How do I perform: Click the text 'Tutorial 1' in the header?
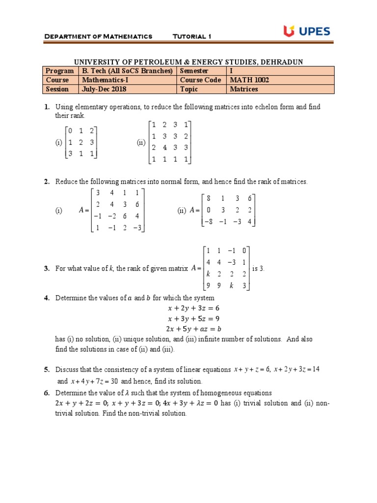[x=192, y=36]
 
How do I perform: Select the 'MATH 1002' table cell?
[x=252, y=80]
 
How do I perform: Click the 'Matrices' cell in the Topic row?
[x=244, y=89]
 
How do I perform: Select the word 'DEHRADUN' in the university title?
[x=282, y=61]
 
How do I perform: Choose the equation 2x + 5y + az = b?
[x=190, y=329]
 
